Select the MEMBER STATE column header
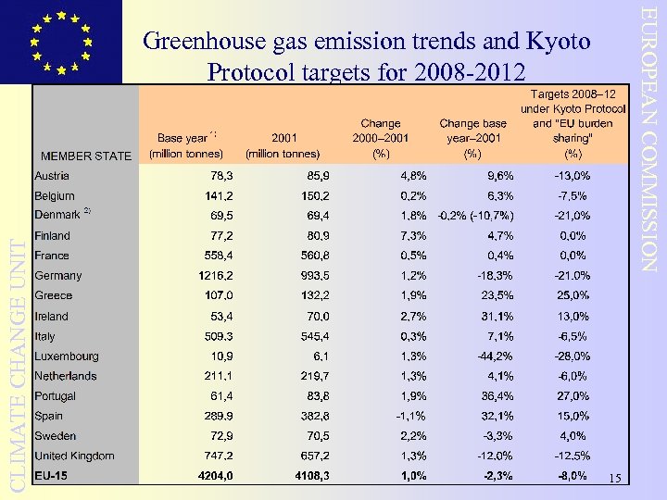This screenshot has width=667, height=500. click(x=86, y=156)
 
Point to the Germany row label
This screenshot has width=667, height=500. click(x=58, y=276)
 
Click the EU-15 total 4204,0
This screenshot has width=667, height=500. click(x=213, y=476)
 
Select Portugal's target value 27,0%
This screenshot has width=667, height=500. click(x=572, y=396)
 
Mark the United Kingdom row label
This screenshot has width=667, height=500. click(x=74, y=456)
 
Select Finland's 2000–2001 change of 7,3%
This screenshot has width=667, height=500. click(x=412, y=236)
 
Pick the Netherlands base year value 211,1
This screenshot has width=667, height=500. click(x=218, y=377)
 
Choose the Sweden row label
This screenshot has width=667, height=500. click(x=56, y=436)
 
